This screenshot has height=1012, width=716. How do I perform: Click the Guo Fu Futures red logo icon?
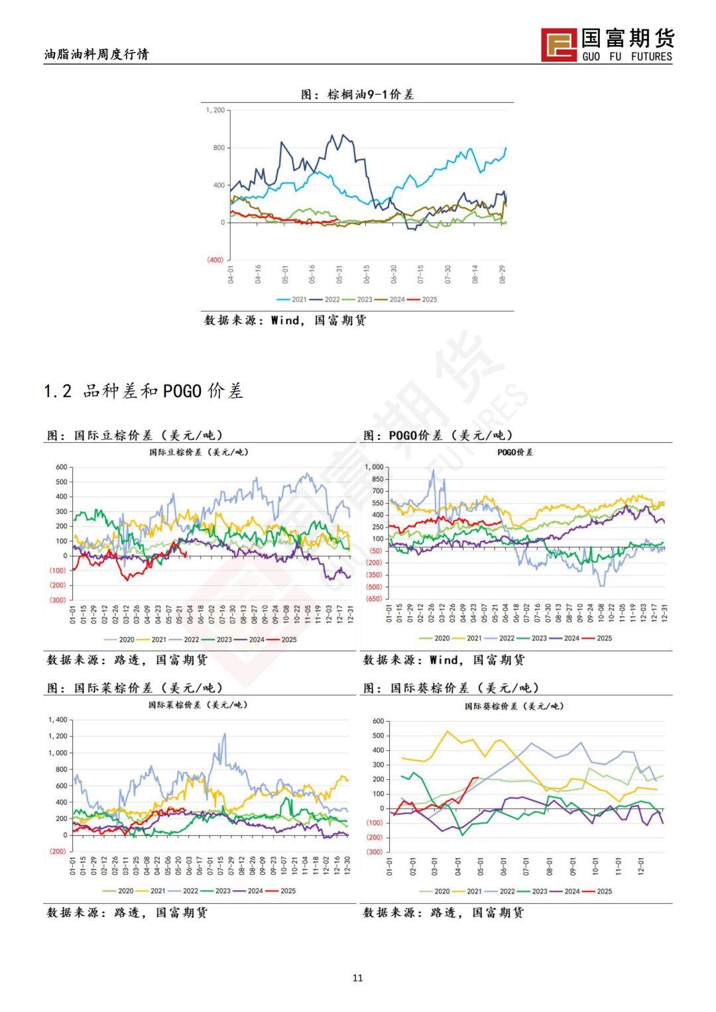558,45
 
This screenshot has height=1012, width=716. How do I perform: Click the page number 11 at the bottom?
358,978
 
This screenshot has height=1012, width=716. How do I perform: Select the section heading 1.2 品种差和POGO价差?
143,391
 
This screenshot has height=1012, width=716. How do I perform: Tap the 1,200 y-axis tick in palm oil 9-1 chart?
215,111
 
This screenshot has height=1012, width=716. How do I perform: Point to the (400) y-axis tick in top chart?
215,260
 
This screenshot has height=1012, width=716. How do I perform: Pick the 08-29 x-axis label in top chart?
503,274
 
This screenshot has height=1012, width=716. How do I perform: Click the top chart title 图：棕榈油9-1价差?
357,94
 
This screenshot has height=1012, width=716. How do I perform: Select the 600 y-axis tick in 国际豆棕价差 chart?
62,467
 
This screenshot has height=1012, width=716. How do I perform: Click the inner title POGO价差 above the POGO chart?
515,452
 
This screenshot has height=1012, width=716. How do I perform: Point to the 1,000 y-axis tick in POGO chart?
375,467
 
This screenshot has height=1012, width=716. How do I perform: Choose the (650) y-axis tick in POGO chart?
375,598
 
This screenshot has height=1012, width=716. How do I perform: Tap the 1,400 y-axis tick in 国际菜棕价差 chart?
58,720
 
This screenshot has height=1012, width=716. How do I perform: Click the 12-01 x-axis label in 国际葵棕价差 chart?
641,866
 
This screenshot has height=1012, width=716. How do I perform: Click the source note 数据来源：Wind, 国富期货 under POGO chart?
444,660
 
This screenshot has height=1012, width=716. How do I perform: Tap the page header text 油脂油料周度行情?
97,54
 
